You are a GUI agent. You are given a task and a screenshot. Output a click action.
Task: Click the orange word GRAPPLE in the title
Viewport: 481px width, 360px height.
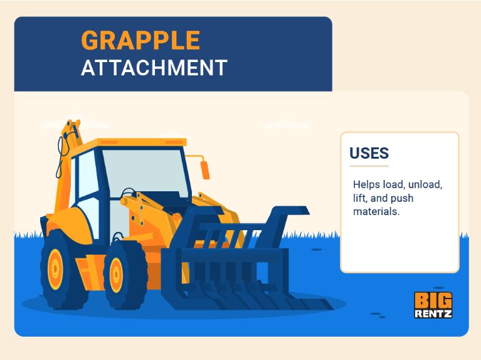pyautogui.click(x=140, y=40)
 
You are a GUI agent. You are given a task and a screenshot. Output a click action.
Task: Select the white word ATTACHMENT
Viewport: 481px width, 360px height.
pyautogui.click(x=154, y=68)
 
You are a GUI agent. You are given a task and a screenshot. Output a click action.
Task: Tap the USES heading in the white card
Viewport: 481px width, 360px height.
pyautogui.click(x=369, y=153)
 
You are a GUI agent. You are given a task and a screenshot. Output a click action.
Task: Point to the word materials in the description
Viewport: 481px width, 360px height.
pyautogui.click(x=376, y=211)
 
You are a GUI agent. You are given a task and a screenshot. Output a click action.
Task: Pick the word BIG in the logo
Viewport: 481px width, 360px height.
pyautogui.click(x=433, y=300)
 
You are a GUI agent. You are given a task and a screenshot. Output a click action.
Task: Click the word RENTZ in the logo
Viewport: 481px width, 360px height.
pyautogui.click(x=433, y=314)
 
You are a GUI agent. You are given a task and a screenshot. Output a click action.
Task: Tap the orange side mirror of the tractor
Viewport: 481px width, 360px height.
pyautogui.click(x=205, y=170)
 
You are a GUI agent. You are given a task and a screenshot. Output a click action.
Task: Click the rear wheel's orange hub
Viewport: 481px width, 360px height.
pyautogui.click(x=56, y=269)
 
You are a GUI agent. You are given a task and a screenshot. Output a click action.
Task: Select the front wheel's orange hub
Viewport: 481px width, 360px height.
pyautogui.click(x=116, y=275)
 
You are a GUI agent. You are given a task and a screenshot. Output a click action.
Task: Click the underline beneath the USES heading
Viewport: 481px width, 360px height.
pyautogui.click(x=369, y=166)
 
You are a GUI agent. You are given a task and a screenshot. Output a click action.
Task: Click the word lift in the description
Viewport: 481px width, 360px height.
pyautogui.click(x=360, y=198)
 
